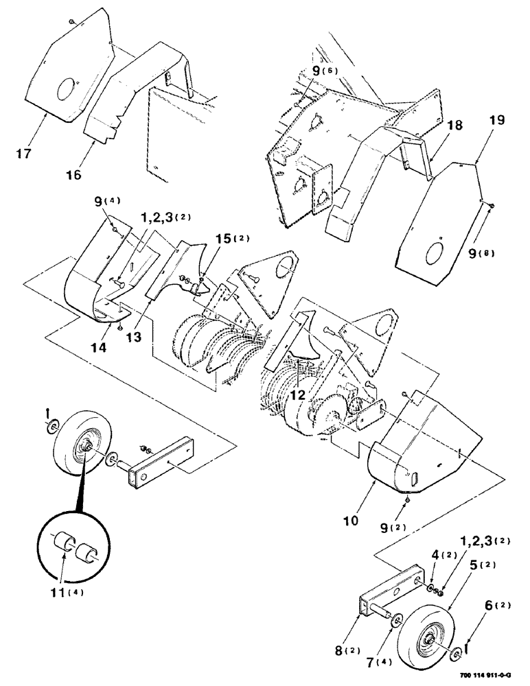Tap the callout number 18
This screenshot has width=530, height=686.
coord(437,127)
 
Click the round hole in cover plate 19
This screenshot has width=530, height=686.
coord(434,253)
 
